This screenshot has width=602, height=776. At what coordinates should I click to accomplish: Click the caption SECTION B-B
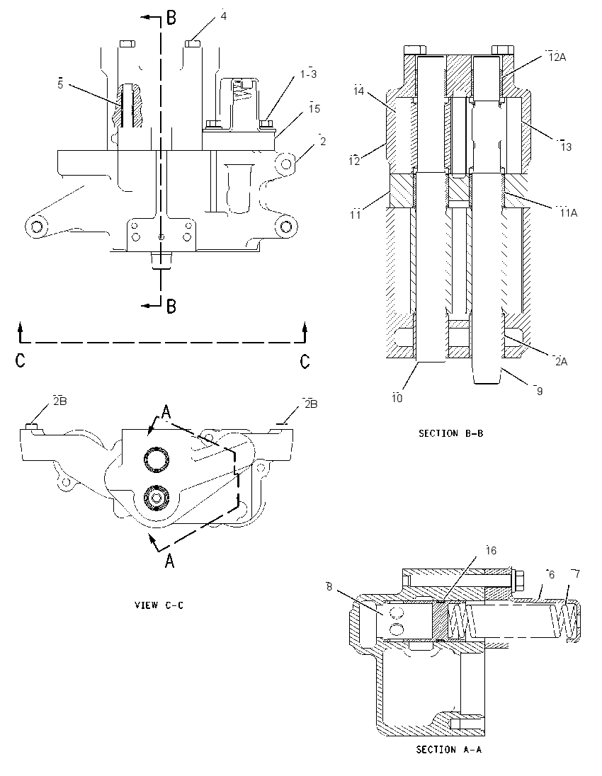[450, 433]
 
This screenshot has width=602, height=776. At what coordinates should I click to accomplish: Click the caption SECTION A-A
[449, 749]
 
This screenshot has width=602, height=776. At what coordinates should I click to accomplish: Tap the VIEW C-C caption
[159, 605]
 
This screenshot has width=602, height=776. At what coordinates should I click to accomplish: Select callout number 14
[359, 91]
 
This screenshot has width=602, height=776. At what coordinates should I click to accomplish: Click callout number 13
[566, 147]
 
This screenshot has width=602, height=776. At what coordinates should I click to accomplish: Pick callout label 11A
[568, 213]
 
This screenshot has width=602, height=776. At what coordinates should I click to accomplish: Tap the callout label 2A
[561, 362]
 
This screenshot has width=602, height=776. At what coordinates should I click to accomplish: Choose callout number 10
[397, 399]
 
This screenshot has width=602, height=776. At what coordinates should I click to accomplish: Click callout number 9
[540, 392]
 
